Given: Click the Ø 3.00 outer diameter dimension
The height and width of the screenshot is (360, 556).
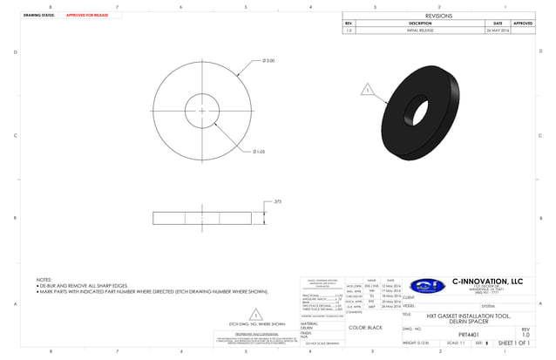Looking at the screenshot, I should [268, 61].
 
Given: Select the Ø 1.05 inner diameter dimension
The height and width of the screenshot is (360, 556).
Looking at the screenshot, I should [259, 152].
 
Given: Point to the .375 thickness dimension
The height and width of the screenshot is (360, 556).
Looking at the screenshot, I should [277, 201].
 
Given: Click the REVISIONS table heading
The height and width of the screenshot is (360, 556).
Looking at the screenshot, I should [438, 16].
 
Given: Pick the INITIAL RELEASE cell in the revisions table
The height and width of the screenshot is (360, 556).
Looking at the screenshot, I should [420, 30].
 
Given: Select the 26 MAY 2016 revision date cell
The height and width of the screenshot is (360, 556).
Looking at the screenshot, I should [498, 30].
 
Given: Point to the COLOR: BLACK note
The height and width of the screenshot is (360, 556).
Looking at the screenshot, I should [364, 328].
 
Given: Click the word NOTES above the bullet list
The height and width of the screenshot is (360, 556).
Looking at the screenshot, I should [44, 280].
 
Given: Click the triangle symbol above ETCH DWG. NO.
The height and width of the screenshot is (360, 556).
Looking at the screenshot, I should [255, 314].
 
